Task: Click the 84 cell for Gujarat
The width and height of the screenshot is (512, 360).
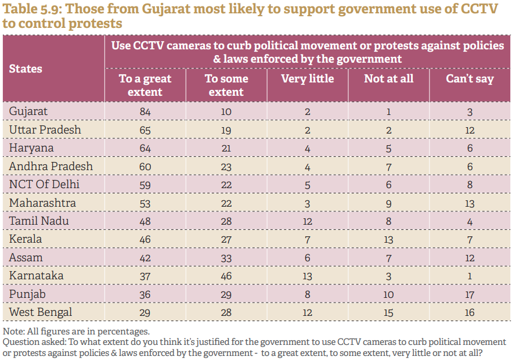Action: tap(145, 111)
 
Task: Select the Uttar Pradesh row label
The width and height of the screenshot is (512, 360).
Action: tap(45, 129)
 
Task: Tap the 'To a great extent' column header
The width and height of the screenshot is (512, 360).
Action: tap(145, 85)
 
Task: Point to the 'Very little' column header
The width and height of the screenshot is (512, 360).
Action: tap(307, 78)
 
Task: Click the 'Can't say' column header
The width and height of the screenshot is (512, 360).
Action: tap(470, 78)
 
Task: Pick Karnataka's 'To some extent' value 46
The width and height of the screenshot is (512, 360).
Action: tap(226, 276)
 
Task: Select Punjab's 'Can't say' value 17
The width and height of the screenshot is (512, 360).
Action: tap(470, 294)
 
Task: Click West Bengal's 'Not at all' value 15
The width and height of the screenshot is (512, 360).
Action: tap(388, 312)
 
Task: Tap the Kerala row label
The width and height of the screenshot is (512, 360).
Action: tap(26, 239)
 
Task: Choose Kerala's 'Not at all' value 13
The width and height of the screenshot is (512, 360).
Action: tap(388, 239)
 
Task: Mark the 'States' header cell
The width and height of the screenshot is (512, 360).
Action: tap(26, 69)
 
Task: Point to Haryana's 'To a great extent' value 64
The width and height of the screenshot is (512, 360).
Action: tap(145, 148)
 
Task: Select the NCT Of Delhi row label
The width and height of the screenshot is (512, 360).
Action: tap(45, 185)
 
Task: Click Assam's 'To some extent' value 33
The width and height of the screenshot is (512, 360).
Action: tap(226, 258)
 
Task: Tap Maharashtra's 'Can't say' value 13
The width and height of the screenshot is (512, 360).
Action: tap(470, 203)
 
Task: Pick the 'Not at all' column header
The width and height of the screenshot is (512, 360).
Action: tap(388, 78)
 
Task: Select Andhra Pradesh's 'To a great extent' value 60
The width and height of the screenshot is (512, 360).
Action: tap(145, 167)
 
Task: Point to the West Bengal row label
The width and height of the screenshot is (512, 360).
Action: tap(41, 312)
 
